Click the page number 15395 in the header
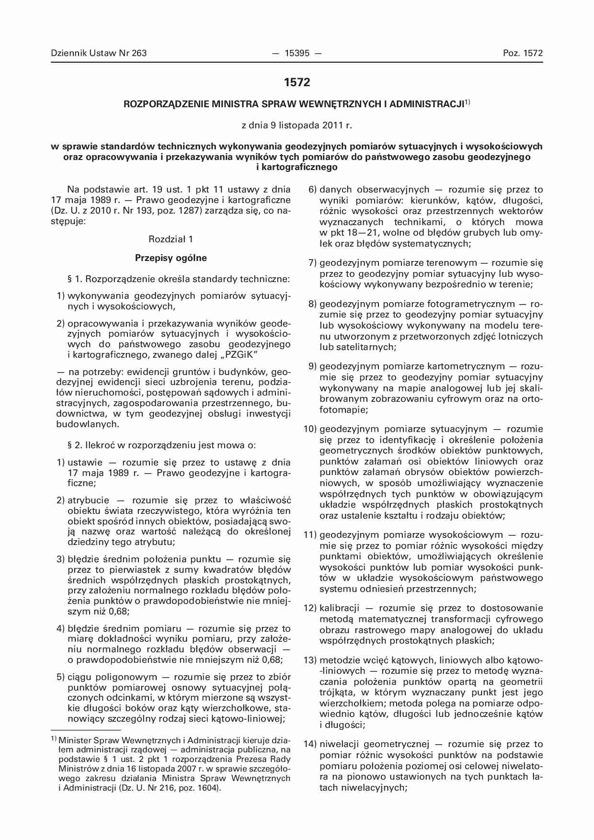coord(297,53)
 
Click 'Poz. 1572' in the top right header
coord(523,53)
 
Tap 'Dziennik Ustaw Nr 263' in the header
coord(99,53)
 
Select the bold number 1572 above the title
coord(297,82)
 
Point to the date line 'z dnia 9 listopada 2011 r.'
coord(297,125)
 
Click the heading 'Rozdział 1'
coord(171,239)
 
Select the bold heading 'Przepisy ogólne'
coord(171,258)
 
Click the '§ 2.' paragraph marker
coord(75,445)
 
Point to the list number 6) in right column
coord(312,190)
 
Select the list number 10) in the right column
coord(310,429)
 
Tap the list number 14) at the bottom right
coord(310,744)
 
